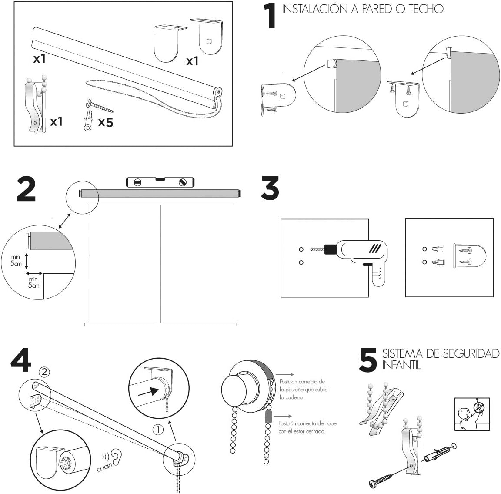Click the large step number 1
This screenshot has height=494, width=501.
[271, 17]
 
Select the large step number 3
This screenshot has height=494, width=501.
[270, 188]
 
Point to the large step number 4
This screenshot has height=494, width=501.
[20, 360]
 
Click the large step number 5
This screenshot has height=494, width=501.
[368, 361]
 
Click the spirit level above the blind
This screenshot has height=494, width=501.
[160, 182]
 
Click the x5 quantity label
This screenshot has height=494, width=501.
[105, 122]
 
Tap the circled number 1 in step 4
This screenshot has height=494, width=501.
[158, 430]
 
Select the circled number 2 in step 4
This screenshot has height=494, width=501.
[44, 371]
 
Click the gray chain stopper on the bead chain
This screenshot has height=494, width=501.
[267, 417]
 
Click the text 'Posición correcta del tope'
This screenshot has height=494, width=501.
[307, 423]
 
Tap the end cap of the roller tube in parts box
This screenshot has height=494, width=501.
[217, 92]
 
